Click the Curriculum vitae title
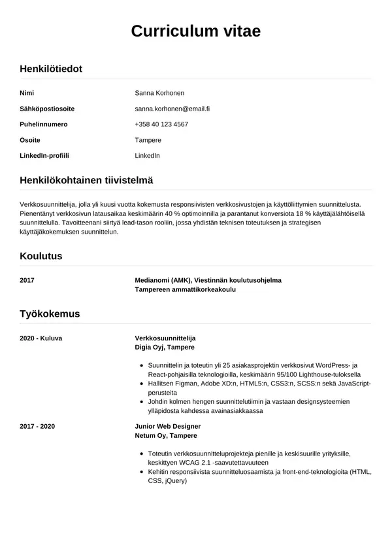(196, 31)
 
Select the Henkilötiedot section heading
(51, 68)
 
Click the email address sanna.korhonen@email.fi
(176, 109)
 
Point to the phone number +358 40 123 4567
(161, 124)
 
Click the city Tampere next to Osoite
(148, 140)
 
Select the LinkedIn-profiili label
(44, 156)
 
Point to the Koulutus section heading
(41, 256)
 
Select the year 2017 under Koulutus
(27, 280)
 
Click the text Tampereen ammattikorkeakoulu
(185, 289)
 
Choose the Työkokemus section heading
(50, 313)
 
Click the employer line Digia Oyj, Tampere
(164, 347)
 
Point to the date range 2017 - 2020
(37, 426)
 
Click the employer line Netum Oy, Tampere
(165, 435)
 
